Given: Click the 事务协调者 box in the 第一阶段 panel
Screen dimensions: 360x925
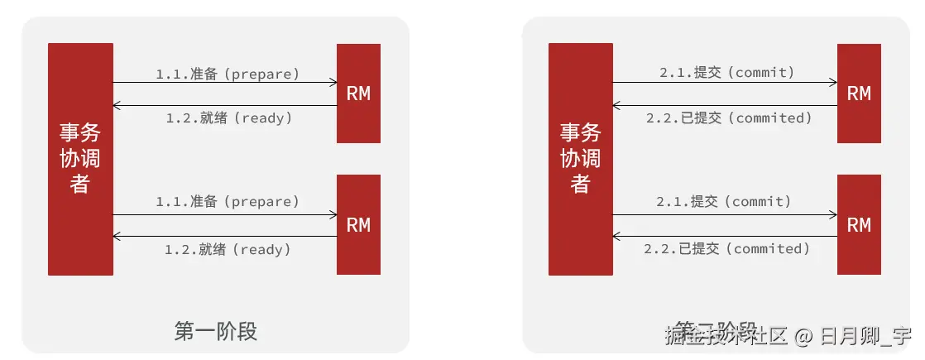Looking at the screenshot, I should (80, 159).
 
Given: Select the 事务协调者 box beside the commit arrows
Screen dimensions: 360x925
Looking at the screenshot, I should (580, 159).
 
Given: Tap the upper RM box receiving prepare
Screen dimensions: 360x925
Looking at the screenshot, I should (358, 94).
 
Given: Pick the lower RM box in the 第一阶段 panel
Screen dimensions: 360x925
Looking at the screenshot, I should (358, 224).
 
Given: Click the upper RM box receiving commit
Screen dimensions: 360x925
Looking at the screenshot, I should (859, 94).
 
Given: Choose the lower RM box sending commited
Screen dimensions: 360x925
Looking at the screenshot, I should (859, 224).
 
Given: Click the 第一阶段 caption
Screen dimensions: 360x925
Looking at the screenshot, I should (216, 332).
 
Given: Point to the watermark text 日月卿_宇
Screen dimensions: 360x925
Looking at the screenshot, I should (865, 337).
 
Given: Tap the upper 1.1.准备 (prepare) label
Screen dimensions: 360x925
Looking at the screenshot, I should (228, 74).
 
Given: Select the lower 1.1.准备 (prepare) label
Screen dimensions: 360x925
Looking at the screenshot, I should (228, 201).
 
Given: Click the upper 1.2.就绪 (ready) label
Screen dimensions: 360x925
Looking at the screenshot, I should (229, 118).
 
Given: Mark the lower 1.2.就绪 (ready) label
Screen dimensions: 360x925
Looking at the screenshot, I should (228, 248).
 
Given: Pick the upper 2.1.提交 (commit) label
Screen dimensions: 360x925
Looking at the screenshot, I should (726, 73).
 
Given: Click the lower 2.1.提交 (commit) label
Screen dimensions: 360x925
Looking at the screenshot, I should (724, 201).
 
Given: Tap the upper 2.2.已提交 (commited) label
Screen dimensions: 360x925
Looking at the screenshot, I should (729, 118).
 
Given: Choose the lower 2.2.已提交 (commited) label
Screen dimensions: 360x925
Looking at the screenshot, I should (727, 248).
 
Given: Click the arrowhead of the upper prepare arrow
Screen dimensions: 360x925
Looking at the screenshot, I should (333, 83).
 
